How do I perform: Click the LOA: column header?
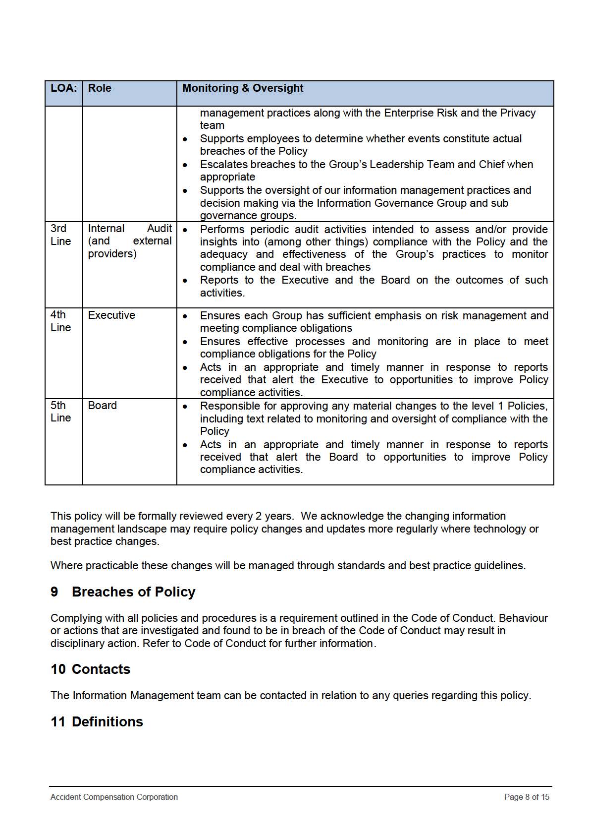coord(64,88)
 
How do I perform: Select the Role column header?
coord(100,88)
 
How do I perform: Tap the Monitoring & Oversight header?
coord(243,88)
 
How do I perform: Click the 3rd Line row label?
coord(60,235)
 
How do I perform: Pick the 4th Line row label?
coord(60,321)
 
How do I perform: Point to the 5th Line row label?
coord(60,412)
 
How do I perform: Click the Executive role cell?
coord(111,315)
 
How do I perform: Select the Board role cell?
coord(103,406)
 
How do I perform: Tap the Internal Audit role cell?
coord(129,241)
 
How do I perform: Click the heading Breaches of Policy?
coord(133,592)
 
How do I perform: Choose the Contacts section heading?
coord(101,669)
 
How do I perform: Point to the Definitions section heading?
coord(107,722)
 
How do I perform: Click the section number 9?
coord(54,592)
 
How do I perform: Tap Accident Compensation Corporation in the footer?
coord(114,797)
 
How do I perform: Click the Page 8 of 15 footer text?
coord(527,797)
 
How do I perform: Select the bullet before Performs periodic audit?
coord(185,230)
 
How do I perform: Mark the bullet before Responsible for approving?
coord(185,407)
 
